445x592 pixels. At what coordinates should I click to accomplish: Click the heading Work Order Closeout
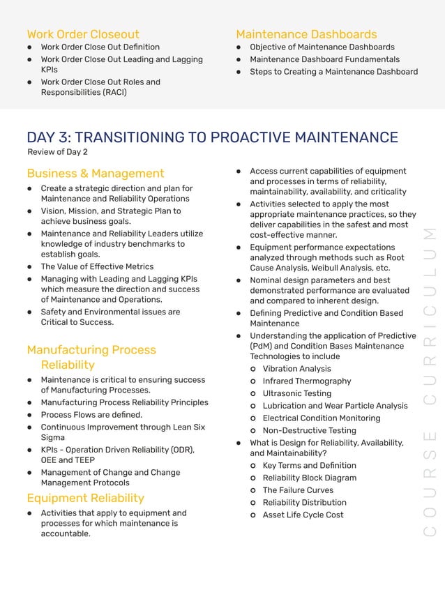[82, 34]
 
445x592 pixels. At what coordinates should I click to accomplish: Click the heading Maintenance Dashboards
[306, 34]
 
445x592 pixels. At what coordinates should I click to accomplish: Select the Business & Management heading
[96, 173]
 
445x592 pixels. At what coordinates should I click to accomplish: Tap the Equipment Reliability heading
[85, 498]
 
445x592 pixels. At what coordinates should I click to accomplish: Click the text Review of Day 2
[57, 152]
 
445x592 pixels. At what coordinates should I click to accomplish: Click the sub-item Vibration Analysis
[296, 369]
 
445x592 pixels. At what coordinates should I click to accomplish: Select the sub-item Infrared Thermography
[306, 381]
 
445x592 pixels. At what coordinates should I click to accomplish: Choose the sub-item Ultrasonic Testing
[296, 393]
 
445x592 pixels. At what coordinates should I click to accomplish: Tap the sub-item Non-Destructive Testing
[309, 430]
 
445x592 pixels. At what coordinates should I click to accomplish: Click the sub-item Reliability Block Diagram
[309, 478]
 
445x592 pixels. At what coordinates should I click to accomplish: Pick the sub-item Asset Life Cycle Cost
[303, 515]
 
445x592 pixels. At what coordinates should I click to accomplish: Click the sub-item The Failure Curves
[297, 490]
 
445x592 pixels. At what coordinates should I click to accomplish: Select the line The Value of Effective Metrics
[97, 266]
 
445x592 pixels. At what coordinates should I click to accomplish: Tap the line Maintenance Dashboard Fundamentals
[324, 59]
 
